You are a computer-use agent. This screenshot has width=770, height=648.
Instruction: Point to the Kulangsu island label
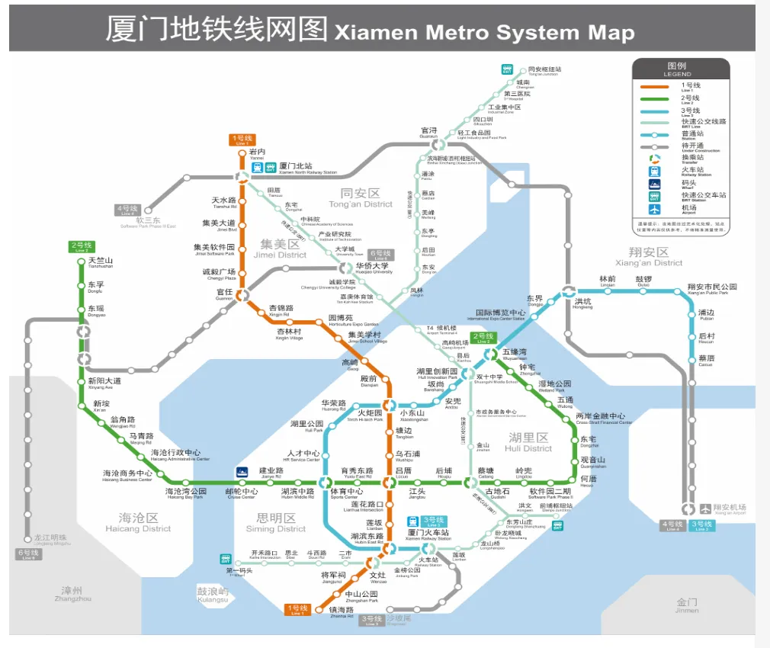click(213, 594)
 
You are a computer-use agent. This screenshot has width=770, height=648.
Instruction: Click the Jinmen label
click(686, 605)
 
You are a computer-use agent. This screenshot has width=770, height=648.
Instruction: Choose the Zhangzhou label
click(73, 593)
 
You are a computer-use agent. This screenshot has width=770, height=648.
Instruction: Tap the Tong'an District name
click(361, 198)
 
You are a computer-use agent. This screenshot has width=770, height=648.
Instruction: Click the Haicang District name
click(138, 523)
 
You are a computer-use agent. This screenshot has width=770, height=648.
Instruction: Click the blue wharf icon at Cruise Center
click(242, 472)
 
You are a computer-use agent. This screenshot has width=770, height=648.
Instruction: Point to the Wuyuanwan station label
click(514, 354)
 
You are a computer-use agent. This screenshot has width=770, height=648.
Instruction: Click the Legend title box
click(677, 69)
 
